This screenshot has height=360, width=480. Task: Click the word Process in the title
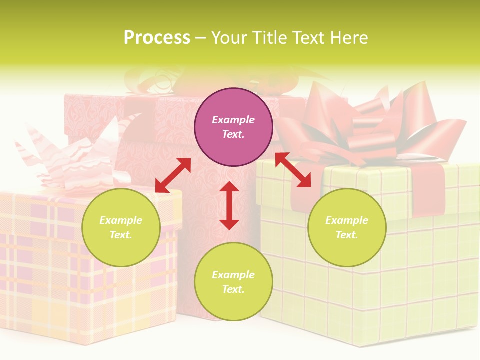pos(157,38)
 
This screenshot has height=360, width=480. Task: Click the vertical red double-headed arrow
pos(229,205)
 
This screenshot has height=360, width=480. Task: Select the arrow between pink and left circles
pos(173,175)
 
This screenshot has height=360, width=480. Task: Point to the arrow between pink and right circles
pos(293,170)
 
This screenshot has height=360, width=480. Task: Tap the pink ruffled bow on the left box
pos(75,160)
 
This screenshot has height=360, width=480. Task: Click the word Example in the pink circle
pos(233,120)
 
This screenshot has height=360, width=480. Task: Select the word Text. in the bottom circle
pos(233,289)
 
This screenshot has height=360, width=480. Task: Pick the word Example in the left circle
pos(121,220)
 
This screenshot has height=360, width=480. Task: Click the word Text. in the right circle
pos(347,235)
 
